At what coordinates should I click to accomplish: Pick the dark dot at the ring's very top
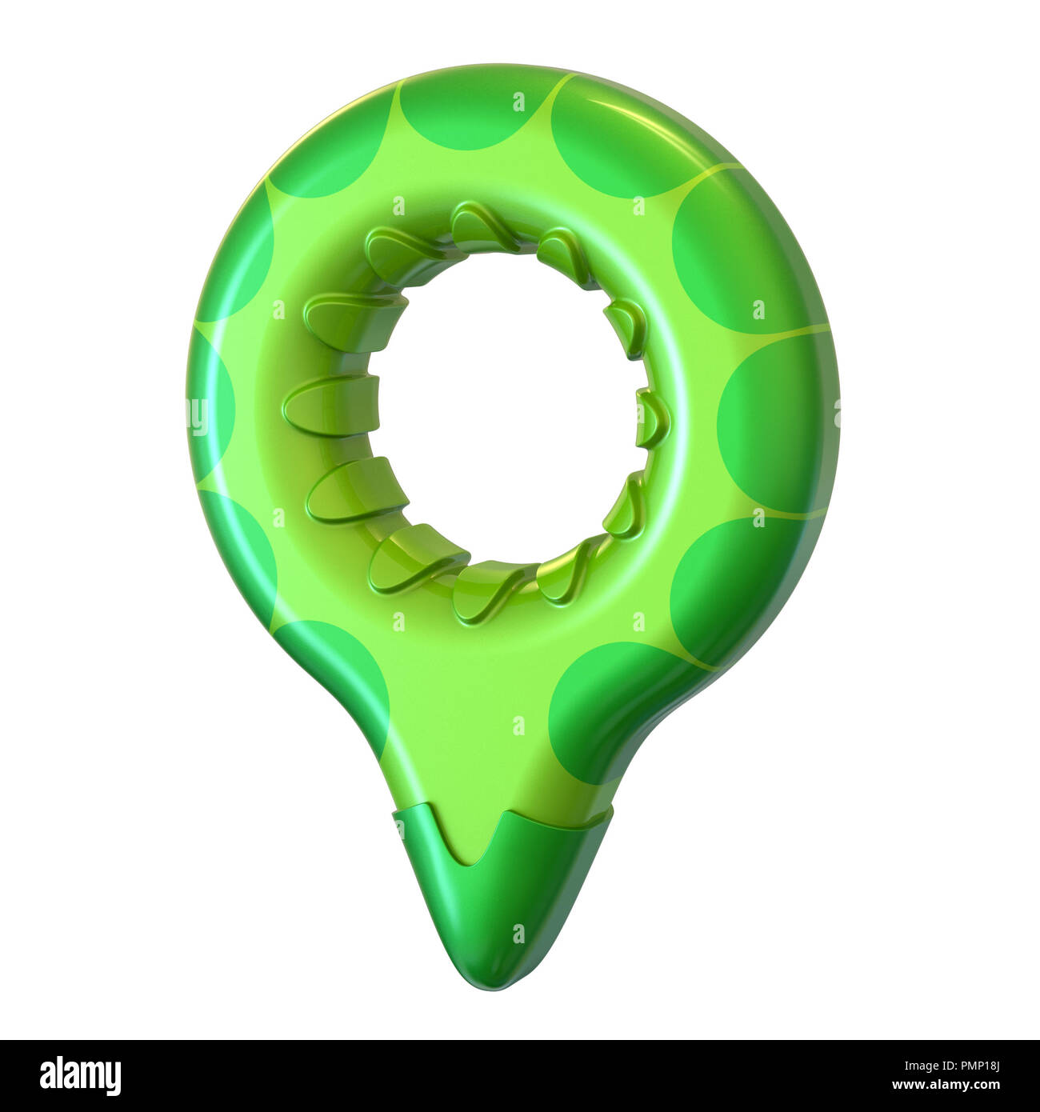pyautogui.click(x=472, y=112)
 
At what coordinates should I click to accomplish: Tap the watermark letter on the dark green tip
pyautogui.click(x=519, y=933)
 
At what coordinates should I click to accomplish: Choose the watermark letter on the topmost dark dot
pyautogui.click(x=519, y=102)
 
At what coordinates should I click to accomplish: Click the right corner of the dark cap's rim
pyautogui.click(x=611, y=810)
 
